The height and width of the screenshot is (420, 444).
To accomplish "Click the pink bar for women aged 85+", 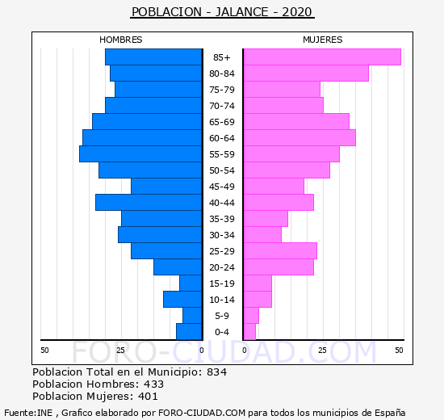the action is (322, 57).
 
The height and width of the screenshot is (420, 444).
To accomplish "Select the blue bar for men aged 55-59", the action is (140, 154).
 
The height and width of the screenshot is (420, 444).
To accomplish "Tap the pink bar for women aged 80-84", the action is (306, 73).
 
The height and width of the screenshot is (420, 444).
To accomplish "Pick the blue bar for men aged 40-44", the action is (149, 203).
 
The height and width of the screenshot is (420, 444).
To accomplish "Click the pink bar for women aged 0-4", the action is (249, 332).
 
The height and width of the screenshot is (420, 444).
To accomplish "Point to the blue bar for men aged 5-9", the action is (193, 316).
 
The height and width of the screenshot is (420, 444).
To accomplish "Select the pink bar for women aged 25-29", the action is (280, 251).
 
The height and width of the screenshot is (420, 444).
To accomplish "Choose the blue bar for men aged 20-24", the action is (178, 267).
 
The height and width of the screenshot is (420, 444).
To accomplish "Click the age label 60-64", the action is (222, 138).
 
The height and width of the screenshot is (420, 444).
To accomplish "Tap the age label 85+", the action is (222, 57).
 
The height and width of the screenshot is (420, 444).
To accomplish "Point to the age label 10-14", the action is (222, 300).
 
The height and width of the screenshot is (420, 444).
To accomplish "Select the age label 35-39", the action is (222, 219).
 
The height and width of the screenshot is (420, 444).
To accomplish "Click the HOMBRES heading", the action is (121, 40).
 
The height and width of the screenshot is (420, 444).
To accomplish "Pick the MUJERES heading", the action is (323, 40).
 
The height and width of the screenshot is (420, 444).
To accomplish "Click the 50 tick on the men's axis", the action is (44, 351).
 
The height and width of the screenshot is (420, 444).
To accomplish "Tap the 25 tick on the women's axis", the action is (322, 351).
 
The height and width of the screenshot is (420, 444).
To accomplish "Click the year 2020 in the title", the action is (297, 12).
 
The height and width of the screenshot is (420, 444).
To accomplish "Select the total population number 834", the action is (217, 372).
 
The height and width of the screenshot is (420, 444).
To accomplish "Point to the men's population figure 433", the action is (153, 384).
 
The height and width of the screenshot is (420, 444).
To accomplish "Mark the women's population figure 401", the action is (148, 397).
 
